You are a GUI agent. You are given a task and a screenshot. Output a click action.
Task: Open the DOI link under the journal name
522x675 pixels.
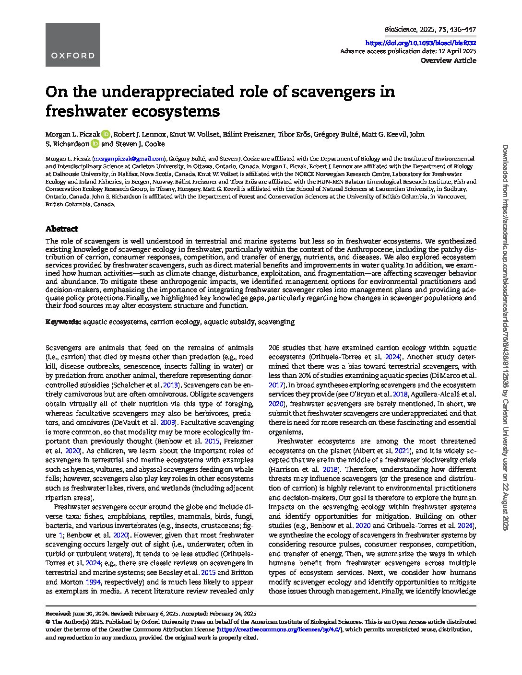pyautogui.click(x=421, y=43)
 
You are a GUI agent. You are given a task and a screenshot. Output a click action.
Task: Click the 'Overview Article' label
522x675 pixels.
pyautogui.click(x=448, y=60)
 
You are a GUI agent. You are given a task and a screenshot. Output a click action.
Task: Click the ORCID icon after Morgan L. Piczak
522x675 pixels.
pyautogui.click(x=106, y=134)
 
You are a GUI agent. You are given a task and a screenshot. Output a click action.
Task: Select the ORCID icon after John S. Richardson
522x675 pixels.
pyautogui.click(x=95, y=144)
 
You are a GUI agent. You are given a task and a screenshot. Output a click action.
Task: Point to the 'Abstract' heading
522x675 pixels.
pyautogui.click(x=61, y=229)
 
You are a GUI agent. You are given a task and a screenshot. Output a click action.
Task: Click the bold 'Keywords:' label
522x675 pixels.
pyautogui.click(x=63, y=322)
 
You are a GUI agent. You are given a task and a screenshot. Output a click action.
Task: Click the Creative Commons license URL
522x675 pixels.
pyautogui.click(x=279, y=629)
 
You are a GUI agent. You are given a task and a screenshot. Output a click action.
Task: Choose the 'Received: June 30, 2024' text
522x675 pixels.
pyautogui.click(x=77, y=614)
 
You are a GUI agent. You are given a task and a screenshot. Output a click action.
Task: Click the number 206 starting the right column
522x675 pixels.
pyautogui.click(x=274, y=348)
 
